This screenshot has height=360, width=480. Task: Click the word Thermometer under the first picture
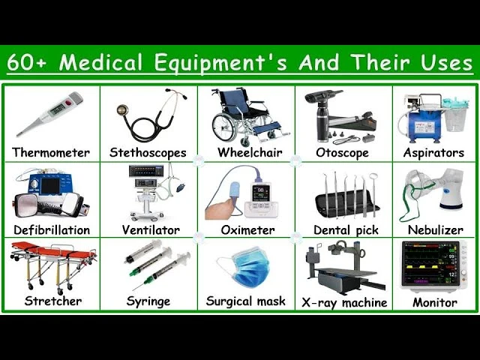(x=51, y=153)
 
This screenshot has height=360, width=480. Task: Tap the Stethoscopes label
(x=148, y=153)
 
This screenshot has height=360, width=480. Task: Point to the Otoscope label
(x=343, y=153)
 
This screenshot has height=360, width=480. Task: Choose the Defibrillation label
(x=51, y=230)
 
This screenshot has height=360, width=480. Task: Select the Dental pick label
(x=343, y=230)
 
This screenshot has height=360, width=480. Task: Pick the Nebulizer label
(x=436, y=230)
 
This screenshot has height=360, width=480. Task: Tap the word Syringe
(x=148, y=301)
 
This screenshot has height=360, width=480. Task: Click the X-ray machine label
(x=344, y=303)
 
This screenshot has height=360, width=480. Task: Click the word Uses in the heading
(x=445, y=64)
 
